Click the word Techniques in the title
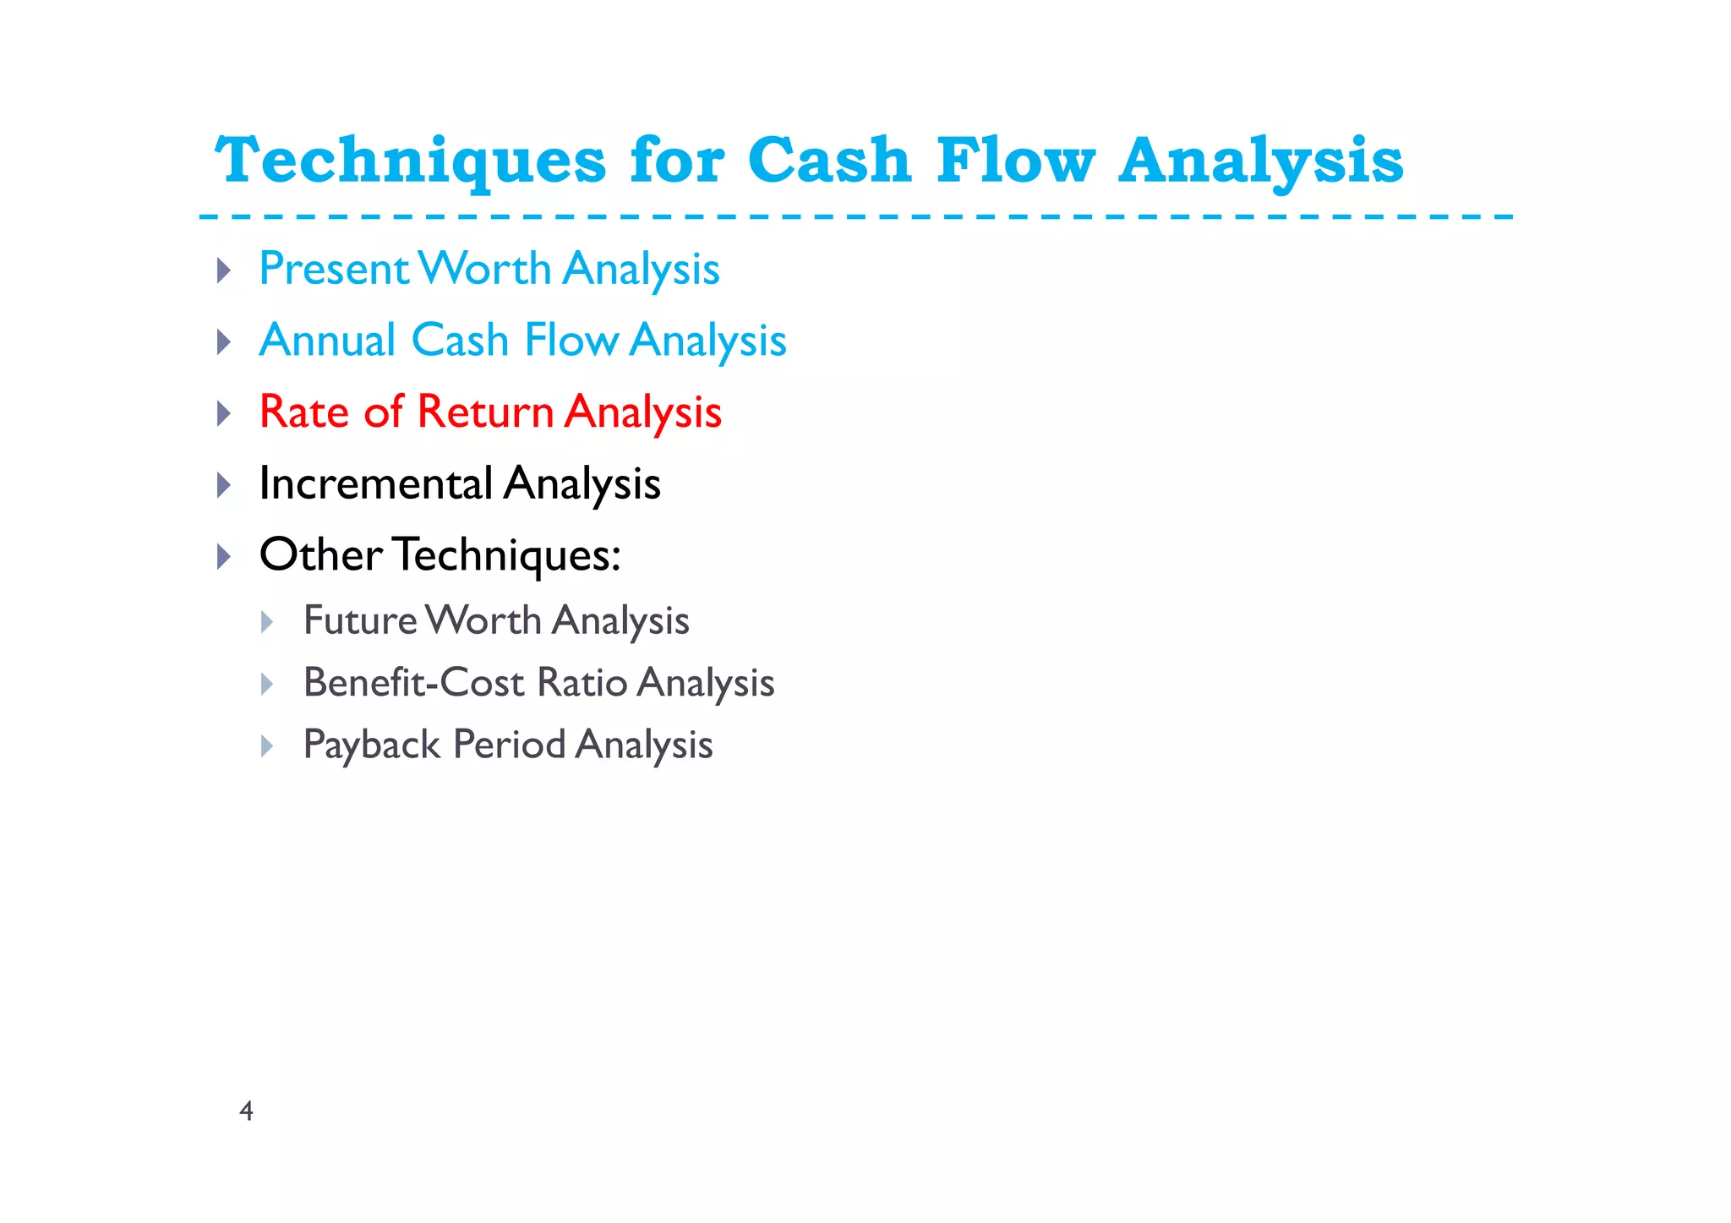[x=411, y=161]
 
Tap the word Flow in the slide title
[x=1015, y=161]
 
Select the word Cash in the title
[x=829, y=161]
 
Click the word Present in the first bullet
[x=334, y=269]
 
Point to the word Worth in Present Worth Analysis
[x=486, y=269]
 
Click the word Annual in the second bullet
[x=327, y=341]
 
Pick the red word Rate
[x=303, y=412]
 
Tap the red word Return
[x=485, y=412]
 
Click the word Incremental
[x=375, y=483]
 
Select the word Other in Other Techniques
[x=320, y=555]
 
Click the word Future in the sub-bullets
[x=360, y=620]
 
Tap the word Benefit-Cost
[x=413, y=683]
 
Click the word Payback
[x=372, y=745]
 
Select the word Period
[x=509, y=745]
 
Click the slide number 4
[x=246, y=1111]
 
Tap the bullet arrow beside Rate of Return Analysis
[x=224, y=414]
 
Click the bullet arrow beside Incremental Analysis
[x=224, y=485]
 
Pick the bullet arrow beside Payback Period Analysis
[x=267, y=746]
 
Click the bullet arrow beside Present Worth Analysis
[x=224, y=270]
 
